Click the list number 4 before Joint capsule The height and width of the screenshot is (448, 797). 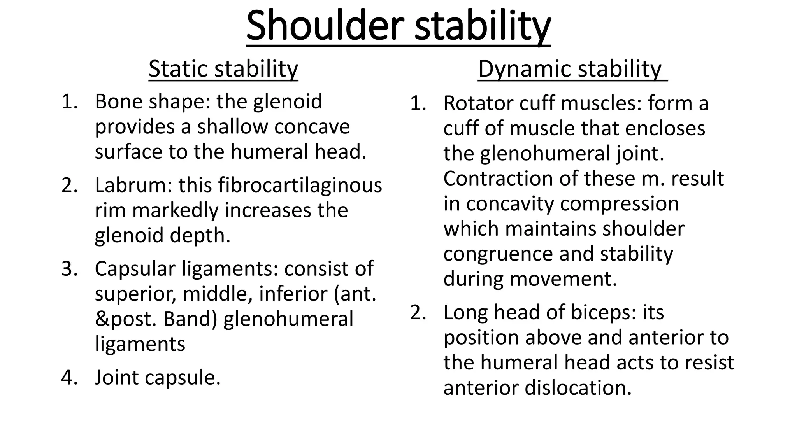68,378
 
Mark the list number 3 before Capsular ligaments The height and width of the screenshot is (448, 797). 68,269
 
